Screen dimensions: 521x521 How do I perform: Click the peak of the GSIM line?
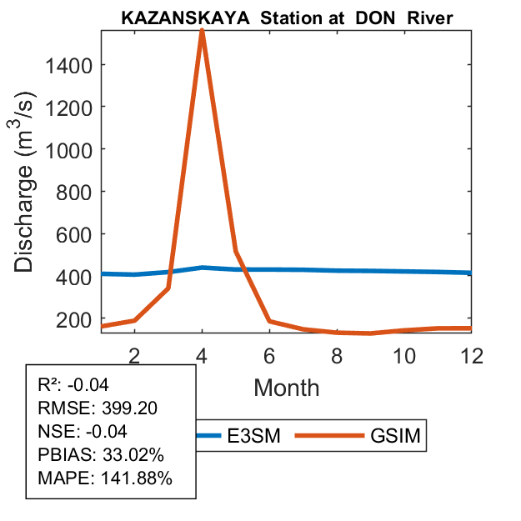pyautogui.click(x=202, y=32)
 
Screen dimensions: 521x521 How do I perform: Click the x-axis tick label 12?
pyautogui.click(x=472, y=355)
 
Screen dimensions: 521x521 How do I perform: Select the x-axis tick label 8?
pyautogui.click(x=337, y=355)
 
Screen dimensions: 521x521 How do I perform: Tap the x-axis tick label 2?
pyautogui.click(x=134, y=355)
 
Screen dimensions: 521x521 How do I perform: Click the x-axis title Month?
pyautogui.click(x=286, y=387)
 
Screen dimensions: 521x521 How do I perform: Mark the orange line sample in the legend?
pyautogui.click(x=337, y=435)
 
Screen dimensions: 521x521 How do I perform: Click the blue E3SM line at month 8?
pyautogui.click(x=337, y=270)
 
